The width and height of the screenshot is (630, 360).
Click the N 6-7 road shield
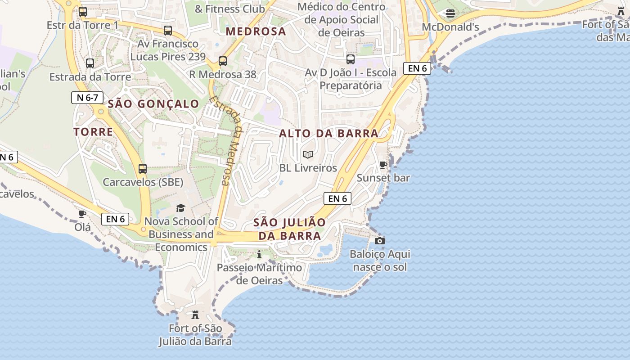87,98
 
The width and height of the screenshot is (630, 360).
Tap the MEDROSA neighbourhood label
256,31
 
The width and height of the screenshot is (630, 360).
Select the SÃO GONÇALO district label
153,104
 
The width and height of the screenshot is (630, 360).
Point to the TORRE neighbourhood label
93,132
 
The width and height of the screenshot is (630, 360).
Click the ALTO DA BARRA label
328,134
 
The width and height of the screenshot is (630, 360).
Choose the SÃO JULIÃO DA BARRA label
289,229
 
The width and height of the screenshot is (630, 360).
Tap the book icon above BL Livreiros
308,155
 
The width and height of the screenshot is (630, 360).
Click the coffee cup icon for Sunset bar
383,165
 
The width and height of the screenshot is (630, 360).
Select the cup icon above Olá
82,214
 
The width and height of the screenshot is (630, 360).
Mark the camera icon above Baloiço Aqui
380,241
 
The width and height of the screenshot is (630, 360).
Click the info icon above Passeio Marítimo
259,255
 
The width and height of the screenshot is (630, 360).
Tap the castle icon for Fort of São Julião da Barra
195,315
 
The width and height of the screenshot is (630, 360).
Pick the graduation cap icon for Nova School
180,208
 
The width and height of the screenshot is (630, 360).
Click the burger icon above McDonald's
450,13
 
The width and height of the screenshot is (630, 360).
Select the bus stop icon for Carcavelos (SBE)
143,169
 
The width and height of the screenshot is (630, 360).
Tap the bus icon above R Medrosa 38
222,61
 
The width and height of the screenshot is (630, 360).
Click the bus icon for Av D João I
351,59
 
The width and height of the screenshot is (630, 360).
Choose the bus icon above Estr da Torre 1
83,12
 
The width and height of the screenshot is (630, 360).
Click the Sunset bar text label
383,178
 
